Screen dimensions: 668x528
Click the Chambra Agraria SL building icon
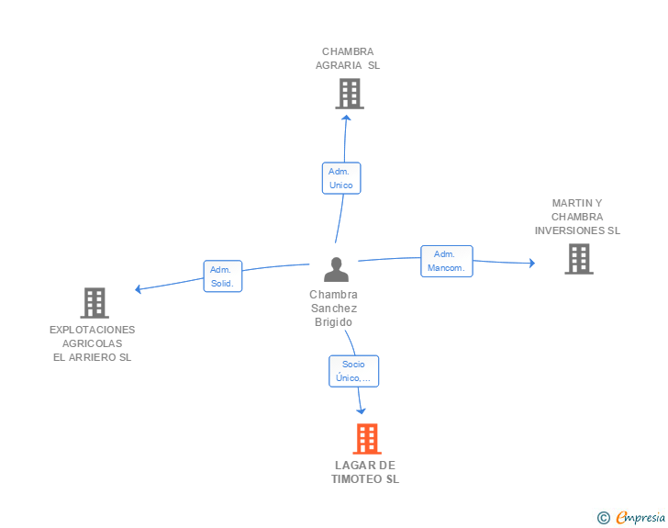(x=350, y=94)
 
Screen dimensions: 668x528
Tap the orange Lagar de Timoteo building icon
(x=367, y=438)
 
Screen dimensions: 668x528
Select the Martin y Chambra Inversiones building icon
(x=579, y=259)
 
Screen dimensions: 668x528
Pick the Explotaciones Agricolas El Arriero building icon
(x=95, y=303)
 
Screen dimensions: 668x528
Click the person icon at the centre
(x=336, y=270)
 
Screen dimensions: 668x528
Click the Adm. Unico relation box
(x=341, y=178)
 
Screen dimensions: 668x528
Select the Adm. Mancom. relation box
(x=447, y=261)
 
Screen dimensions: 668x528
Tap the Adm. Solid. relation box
(x=223, y=276)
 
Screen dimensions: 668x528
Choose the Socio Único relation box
(x=353, y=371)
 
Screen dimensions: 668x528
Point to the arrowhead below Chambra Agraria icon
(x=346, y=118)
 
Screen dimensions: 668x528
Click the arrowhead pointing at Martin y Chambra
(x=532, y=263)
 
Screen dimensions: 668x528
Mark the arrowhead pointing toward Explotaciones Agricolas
(x=138, y=289)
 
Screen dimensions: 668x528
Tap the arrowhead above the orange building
(x=361, y=411)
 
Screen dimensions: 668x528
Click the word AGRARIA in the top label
(x=339, y=65)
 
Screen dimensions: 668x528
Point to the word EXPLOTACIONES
(x=92, y=330)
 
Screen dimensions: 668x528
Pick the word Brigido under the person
(x=334, y=322)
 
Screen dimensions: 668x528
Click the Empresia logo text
(x=640, y=518)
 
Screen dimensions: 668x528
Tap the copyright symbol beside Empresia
(x=604, y=518)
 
